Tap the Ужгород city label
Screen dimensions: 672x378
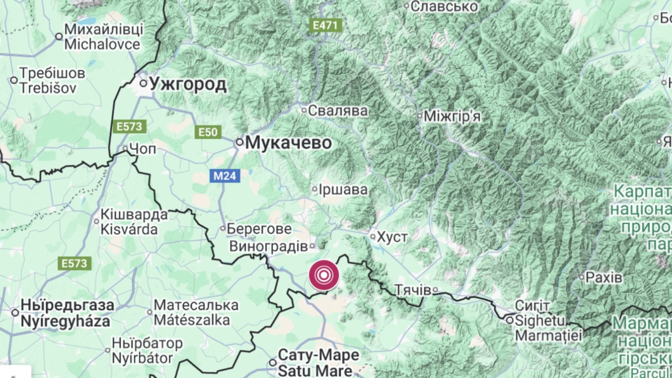188,84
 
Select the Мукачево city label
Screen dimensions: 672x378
288,143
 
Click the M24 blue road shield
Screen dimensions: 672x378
225,175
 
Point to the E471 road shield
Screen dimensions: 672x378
325,25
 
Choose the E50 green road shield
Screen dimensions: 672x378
208,132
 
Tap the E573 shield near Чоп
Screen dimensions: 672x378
129,126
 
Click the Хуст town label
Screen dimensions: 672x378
392,237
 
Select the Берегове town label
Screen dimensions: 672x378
259,229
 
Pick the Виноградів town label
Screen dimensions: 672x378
268,246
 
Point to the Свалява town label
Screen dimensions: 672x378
338,111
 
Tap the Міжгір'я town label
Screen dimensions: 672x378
452,116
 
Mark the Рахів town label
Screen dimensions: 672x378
604,278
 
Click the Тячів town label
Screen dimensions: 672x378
413,290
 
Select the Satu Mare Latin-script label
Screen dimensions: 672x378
315,370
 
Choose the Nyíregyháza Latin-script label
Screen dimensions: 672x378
65,321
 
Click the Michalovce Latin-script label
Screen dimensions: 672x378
102,44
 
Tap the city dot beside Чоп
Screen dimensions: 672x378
125,148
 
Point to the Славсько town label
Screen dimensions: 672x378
444,6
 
